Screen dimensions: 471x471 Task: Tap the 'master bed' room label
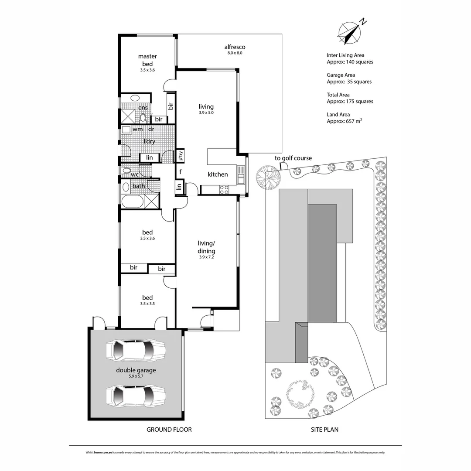pos(147,60)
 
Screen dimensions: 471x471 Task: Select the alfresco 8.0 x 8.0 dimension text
pos(234,53)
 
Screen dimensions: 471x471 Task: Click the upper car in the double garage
pos(136,349)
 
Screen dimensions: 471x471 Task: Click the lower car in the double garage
pos(136,395)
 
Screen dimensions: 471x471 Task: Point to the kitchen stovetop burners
pos(224,189)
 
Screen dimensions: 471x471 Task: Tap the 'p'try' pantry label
pos(181,155)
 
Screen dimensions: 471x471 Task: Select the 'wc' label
pos(135,174)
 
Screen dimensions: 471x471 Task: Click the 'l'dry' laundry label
pos(150,141)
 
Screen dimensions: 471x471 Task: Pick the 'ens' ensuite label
pos(143,108)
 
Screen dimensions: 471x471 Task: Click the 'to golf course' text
pos(293,158)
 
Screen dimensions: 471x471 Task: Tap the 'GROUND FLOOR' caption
pos(169,430)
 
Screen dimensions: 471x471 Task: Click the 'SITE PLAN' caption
pos(324,430)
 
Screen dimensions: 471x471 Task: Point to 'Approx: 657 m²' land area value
pos(345,121)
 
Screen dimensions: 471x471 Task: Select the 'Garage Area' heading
pos(341,75)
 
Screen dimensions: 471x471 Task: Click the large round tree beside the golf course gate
pos(267,177)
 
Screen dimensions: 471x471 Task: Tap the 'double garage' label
pos(136,370)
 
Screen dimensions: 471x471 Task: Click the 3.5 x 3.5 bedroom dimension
pos(147,304)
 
